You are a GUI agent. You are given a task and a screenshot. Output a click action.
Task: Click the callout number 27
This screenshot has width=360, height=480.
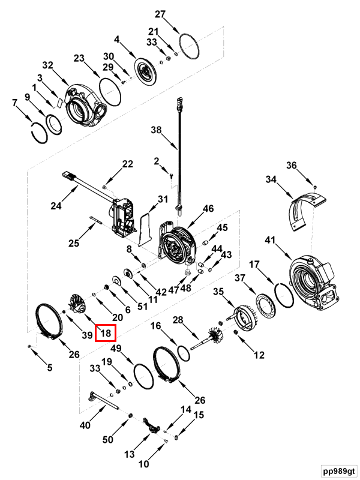point(160,14)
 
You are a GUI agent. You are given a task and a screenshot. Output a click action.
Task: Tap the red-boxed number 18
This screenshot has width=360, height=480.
point(106,334)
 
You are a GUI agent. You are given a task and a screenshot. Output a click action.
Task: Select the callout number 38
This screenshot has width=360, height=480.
point(157,130)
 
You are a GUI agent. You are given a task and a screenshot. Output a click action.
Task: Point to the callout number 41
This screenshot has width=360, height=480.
point(271,240)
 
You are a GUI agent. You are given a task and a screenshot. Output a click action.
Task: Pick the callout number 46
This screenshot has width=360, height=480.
point(208,209)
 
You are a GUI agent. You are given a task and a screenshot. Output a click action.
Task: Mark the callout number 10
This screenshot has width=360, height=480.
point(144,464)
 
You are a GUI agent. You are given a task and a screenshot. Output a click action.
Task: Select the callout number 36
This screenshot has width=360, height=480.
point(291,166)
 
